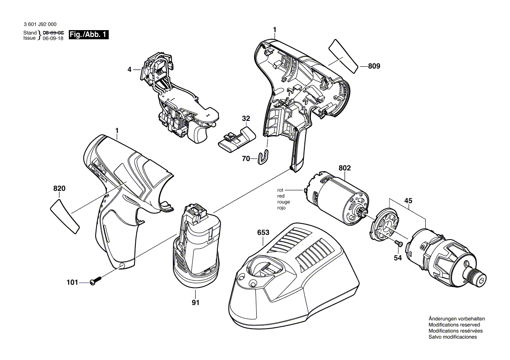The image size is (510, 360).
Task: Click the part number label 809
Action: [x=374, y=67]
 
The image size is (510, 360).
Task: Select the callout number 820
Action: [x=59, y=189]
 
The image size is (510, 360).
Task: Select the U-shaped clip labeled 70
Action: [x=263, y=158]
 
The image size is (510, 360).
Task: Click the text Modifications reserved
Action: [x=454, y=325]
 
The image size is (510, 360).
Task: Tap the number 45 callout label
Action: [x=408, y=201]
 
